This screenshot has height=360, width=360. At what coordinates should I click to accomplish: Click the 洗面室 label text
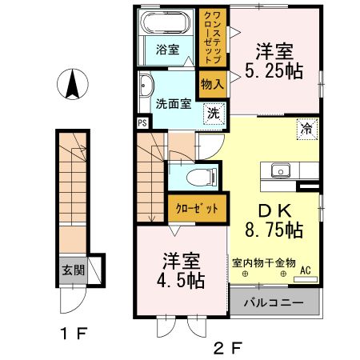[x=172, y=103]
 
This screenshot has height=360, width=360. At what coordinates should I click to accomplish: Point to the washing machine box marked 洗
[x=213, y=114]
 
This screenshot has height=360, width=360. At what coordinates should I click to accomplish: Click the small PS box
[x=142, y=123]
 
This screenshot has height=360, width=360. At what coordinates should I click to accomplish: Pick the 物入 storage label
[x=212, y=84]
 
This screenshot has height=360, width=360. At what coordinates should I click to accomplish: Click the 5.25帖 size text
[x=274, y=70]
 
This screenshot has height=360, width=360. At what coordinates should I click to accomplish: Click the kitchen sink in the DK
[x=281, y=170]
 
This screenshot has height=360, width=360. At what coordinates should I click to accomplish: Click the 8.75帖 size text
[x=274, y=230]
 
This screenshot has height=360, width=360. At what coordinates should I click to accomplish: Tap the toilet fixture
[x=195, y=175]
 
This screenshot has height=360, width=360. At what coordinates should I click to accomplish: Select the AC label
[x=306, y=271]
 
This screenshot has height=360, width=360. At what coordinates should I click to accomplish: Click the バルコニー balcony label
[x=274, y=304]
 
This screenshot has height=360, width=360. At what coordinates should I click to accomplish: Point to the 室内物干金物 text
[x=264, y=262]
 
